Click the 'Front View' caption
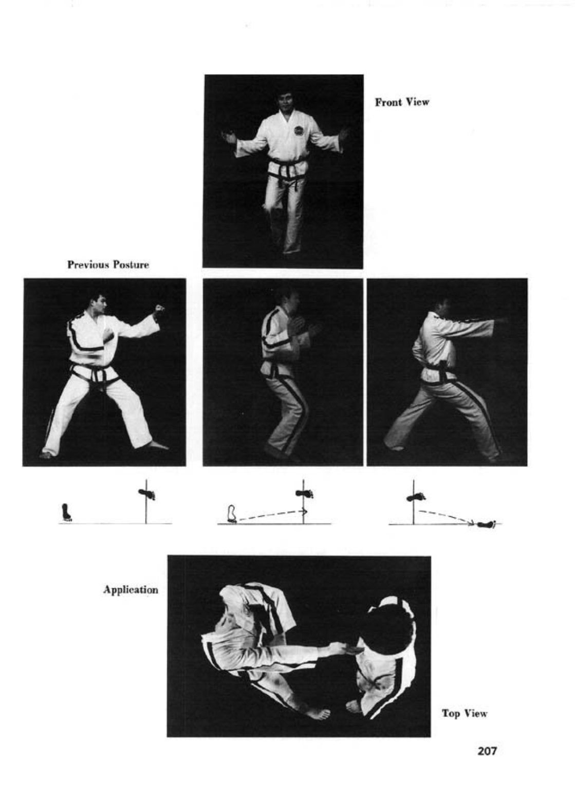click(x=402, y=102)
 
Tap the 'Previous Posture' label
click(x=108, y=265)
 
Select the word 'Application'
click(x=131, y=590)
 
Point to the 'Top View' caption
click(x=465, y=713)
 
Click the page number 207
click(x=487, y=751)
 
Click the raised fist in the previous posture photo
click(x=159, y=309)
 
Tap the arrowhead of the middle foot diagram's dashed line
click(x=305, y=511)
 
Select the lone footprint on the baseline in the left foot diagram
click(x=66, y=512)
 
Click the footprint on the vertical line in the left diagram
click(x=146, y=494)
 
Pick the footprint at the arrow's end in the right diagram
click(x=487, y=524)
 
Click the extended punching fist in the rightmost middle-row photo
click(x=501, y=321)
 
